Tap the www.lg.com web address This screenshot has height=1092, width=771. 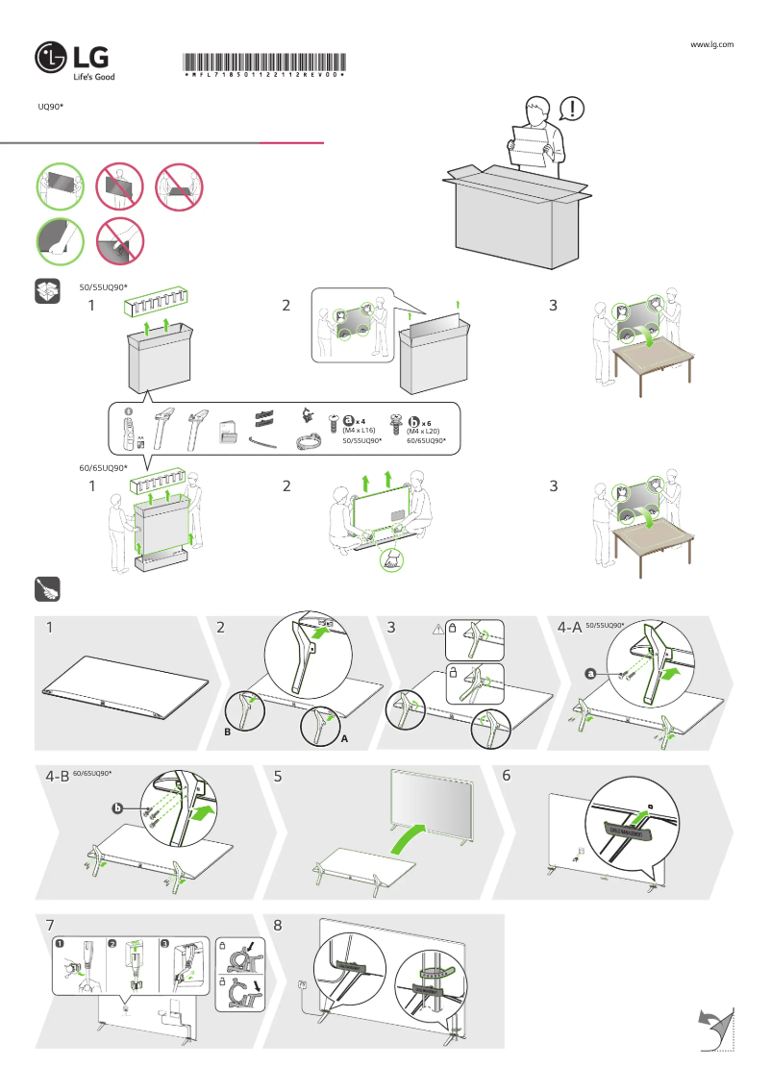712,44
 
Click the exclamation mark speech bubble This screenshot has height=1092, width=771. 572,109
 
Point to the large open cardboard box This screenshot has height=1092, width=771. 514,221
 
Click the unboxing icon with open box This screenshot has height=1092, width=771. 48,292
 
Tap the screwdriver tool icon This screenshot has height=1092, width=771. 48,587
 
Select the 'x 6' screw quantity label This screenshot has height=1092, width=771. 426,421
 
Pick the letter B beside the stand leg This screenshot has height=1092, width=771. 229,732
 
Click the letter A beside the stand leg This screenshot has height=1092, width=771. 343,740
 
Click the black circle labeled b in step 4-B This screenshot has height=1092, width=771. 117,809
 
